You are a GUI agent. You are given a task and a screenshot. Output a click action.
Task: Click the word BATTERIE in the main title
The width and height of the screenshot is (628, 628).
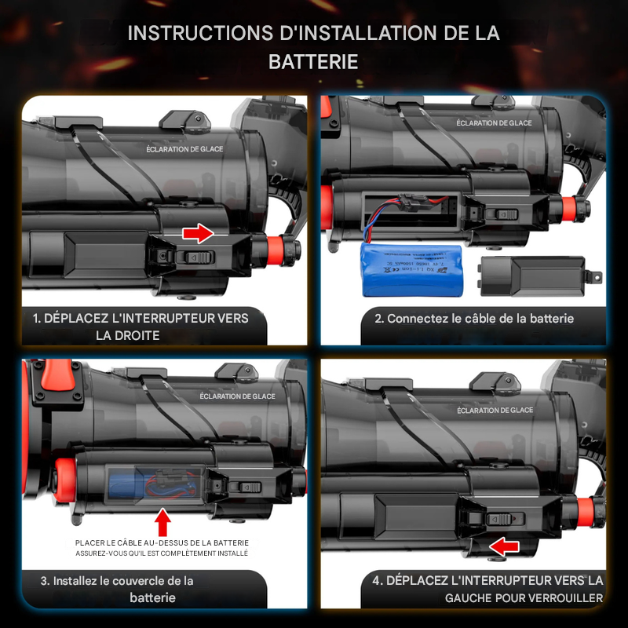click(x=313, y=62)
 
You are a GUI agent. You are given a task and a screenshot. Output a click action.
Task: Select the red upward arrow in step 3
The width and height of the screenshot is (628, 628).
click(x=162, y=521)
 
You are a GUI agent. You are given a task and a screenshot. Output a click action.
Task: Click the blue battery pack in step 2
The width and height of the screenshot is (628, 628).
click(x=412, y=269)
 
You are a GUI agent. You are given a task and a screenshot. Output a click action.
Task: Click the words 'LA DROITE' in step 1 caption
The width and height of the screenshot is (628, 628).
click(x=129, y=335)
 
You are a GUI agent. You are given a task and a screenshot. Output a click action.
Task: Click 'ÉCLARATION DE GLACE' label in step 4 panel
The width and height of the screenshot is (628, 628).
click(x=495, y=410)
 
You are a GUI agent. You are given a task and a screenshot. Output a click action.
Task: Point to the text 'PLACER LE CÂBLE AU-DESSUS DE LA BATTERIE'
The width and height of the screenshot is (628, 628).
click(x=162, y=542)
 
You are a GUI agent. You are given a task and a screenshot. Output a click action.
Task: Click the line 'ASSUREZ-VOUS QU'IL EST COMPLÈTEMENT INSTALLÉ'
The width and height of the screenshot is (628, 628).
click(x=162, y=553)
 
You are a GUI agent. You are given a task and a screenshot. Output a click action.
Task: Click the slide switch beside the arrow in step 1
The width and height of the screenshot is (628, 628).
click(x=194, y=257)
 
